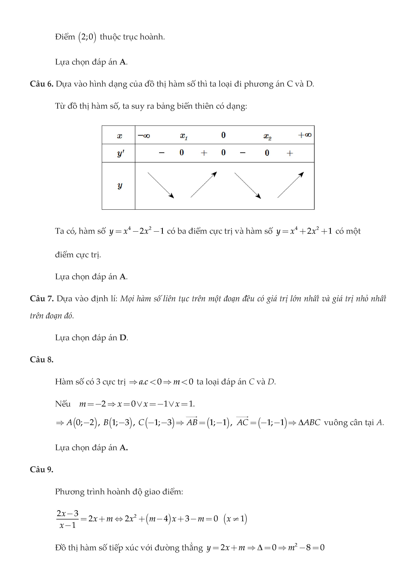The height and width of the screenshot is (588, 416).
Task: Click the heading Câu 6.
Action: pos(41,84)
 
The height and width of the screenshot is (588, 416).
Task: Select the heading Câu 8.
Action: pos(41,360)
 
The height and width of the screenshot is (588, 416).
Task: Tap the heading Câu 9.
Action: pos(41,469)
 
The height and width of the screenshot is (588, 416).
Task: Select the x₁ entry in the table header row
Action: pos(184,136)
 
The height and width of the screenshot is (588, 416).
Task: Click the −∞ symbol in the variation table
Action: pos(144,135)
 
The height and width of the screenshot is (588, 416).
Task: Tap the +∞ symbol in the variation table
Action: pos(304,135)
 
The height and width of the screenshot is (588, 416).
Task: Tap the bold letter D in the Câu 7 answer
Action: pos(123,338)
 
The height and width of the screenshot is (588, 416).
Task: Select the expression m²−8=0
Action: pos(306,548)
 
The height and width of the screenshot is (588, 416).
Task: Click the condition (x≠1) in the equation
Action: pos(235,519)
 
